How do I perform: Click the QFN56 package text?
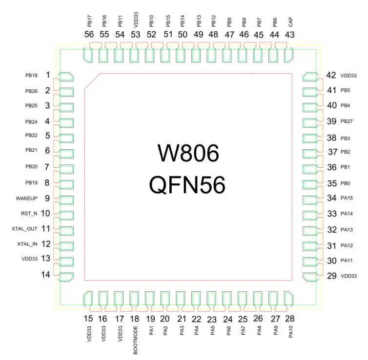click(x=188, y=185)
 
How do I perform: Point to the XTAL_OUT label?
click(x=24, y=228)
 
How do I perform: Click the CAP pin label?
click(x=290, y=21)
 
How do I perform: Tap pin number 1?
click(x=48, y=75)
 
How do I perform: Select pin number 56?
click(x=89, y=34)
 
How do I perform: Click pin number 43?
click(x=289, y=34)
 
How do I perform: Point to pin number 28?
click(x=289, y=319)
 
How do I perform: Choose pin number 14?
click(x=45, y=275)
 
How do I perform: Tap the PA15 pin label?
click(x=347, y=198)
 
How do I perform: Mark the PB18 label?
click(x=31, y=76)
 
